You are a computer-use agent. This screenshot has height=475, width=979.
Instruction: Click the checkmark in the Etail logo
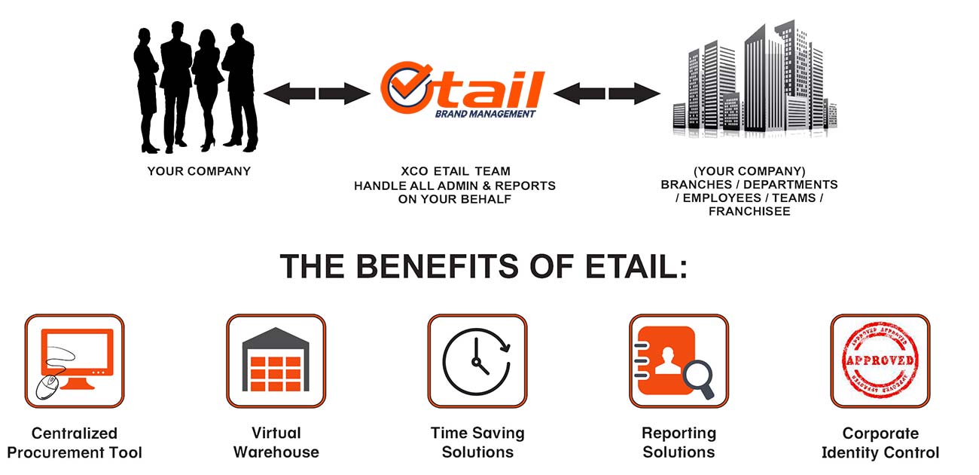pos(407,83)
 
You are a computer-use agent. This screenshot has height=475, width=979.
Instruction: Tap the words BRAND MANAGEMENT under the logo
pos(485,114)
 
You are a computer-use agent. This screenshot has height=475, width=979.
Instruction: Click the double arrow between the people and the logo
pos(317,93)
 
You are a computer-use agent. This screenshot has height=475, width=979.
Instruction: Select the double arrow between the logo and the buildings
pos(607,93)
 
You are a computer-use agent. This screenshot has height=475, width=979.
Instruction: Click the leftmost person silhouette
pos(147,90)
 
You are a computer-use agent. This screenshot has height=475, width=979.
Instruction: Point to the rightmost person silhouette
pos(239,87)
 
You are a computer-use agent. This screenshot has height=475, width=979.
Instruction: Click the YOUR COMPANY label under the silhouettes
pos(199,171)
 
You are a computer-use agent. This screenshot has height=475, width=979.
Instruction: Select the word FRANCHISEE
pos(749,211)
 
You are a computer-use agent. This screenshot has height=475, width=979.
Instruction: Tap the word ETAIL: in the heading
pos(637,266)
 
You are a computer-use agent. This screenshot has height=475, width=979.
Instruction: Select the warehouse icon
pos(276,360)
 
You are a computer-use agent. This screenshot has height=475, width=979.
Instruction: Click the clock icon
pos(477,362)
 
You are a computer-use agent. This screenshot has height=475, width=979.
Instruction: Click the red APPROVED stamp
pos(880,360)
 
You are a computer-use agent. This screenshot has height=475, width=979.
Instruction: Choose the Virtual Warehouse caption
pos(276,442)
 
